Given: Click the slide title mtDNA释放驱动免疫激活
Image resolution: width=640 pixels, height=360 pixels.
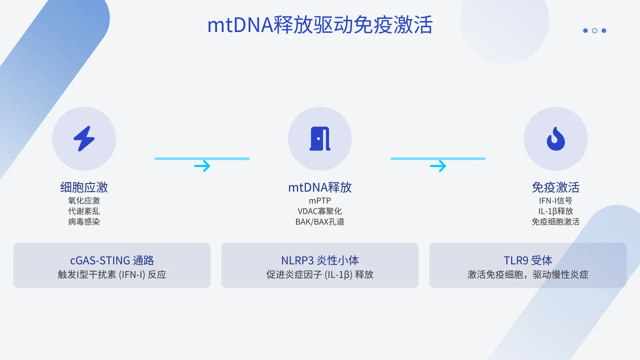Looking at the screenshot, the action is point(320,25).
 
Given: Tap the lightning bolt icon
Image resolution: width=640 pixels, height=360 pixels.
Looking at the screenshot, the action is point(84,139).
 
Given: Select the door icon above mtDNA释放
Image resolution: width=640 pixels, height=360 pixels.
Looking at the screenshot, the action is point(320,139).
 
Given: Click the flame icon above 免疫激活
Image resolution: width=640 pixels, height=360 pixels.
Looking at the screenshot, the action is point(556,139).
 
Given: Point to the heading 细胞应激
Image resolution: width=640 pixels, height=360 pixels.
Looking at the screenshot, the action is point(84,187).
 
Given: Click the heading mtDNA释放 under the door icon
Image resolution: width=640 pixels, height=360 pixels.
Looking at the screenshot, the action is point(320,187).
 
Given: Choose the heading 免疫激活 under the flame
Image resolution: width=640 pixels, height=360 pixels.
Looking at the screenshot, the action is point(556,187).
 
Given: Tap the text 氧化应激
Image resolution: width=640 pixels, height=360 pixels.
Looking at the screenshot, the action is point(84,201).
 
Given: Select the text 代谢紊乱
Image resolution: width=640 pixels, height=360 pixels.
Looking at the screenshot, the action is point(84,211).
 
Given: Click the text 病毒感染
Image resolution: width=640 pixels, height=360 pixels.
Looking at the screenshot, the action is point(84,222).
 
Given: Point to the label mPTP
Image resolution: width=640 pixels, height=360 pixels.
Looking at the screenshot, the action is point(320,201).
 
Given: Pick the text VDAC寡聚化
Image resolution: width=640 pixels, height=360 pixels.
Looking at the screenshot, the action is point(320,211).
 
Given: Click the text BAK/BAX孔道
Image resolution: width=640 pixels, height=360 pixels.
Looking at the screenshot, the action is point(320,222).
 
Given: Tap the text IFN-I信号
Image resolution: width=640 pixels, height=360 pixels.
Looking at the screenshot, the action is point(556,201).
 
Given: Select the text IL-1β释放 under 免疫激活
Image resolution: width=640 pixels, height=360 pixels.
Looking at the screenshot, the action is point(556,211).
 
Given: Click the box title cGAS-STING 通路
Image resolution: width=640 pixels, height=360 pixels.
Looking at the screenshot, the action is point(112,260).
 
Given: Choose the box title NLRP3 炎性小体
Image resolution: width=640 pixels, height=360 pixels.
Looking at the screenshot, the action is point(320,260).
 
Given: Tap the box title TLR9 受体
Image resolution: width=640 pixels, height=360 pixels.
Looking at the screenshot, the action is point(528,260).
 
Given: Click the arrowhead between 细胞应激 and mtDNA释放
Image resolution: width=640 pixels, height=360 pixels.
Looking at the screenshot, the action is point(202,166).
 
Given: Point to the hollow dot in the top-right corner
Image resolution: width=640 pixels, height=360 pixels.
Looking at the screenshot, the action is point(595,31).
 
